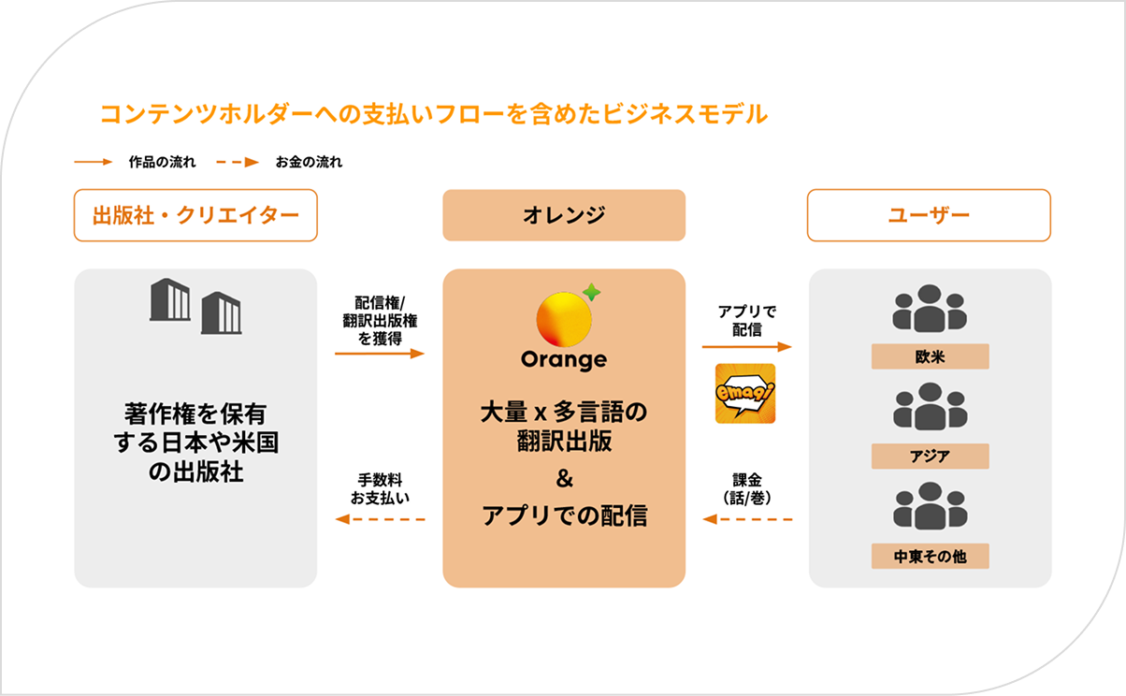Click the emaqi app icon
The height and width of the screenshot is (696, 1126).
pos(745,393)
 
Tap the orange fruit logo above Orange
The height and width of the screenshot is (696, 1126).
pos(564,319)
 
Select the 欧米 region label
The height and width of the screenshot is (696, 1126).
pos(930,356)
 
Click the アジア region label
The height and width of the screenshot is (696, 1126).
pos(930,457)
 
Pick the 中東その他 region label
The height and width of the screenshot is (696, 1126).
pos(930,556)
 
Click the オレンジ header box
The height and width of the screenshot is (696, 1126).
pos(564,215)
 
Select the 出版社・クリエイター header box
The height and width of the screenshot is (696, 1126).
pos(195,215)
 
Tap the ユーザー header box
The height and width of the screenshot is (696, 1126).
pos(929,215)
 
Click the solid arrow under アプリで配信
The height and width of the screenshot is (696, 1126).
pos(747,346)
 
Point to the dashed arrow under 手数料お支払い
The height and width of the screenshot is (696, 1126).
pos(380,519)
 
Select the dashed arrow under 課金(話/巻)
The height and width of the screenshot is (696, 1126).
pos(747,519)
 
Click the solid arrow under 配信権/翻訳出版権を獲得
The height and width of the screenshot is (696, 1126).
pos(380,354)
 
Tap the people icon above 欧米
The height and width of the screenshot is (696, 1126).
pos(930,309)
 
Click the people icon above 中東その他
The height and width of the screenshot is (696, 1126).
pos(930,505)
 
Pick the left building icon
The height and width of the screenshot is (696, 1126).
pos(170,299)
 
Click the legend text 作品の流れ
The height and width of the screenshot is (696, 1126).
pos(162,162)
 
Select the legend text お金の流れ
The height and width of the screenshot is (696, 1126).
pos(309,162)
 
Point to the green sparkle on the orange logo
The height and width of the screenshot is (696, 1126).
pos(592,292)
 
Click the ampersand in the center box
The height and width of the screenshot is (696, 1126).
pos(565,478)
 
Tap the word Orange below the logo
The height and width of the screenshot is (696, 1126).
pos(564,360)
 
